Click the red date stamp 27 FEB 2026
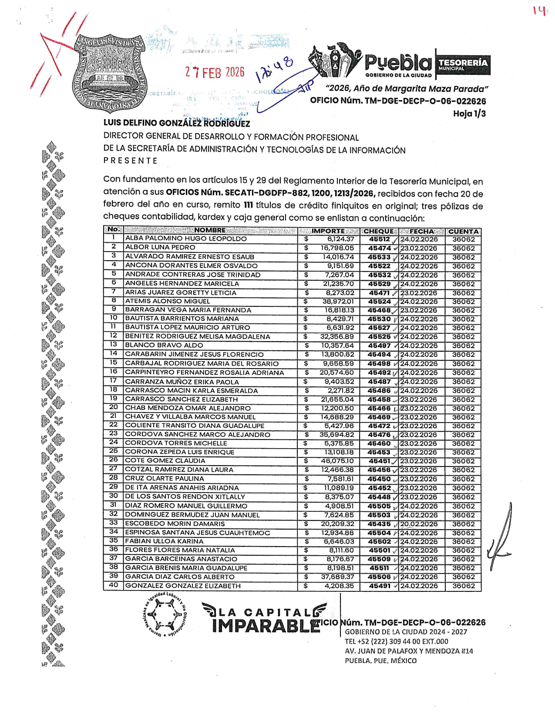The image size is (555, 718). click(215, 72)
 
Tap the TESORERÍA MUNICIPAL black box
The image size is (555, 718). click(463, 65)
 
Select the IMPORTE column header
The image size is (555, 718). click(328, 231)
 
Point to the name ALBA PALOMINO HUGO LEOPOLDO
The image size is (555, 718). click(186, 239)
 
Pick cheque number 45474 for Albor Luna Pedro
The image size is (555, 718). click(379, 248)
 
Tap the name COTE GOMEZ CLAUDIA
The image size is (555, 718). click(165, 460)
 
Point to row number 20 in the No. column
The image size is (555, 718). click(114, 407)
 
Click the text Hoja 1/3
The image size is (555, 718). click(469, 114)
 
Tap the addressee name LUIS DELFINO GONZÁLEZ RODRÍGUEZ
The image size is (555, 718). click(177, 123)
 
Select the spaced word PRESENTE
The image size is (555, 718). click(130, 161)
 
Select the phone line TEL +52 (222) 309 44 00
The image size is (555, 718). click(396, 641)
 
